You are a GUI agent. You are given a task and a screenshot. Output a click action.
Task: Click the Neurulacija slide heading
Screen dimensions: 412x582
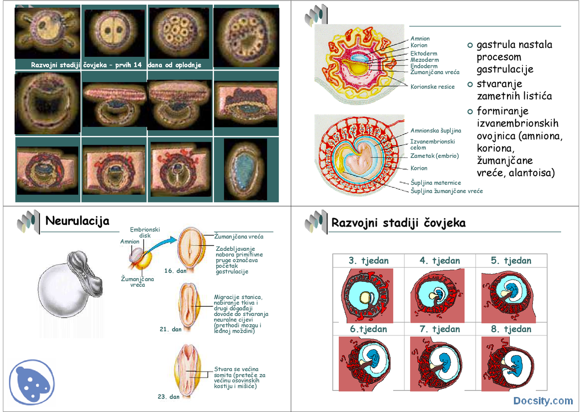[x=77, y=221]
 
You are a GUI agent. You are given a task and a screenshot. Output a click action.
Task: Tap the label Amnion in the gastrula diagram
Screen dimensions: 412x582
[x=420, y=39]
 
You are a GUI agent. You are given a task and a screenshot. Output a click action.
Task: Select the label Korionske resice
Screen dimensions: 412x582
[x=432, y=87]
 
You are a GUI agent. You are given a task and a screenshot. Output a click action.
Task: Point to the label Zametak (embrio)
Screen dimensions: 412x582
[x=434, y=156]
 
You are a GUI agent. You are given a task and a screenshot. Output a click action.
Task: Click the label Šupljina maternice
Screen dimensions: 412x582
[x=436, y=183]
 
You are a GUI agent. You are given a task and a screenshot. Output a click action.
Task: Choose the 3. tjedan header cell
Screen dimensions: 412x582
[x=368, y=261]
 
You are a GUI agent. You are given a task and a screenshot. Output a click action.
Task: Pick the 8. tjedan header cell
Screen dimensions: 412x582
[x=511, y=329]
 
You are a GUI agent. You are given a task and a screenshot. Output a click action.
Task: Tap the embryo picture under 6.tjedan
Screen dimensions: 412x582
[x=368, y=364]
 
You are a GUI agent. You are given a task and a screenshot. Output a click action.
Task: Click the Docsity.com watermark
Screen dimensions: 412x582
[x=543, y=401]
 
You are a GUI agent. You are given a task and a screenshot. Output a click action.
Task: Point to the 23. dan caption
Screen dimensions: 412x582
[x=169, y=397]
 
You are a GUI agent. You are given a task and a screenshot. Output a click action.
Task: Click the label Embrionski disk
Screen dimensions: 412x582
[x=145, y=233]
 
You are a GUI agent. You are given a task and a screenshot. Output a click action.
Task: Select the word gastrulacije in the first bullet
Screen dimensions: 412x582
[x=505, y=69]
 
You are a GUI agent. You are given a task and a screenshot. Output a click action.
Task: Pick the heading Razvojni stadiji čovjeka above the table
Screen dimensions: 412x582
[x=398, y=223]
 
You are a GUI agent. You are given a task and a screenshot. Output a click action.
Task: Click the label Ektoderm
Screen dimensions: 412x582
[x=424, y=54]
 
